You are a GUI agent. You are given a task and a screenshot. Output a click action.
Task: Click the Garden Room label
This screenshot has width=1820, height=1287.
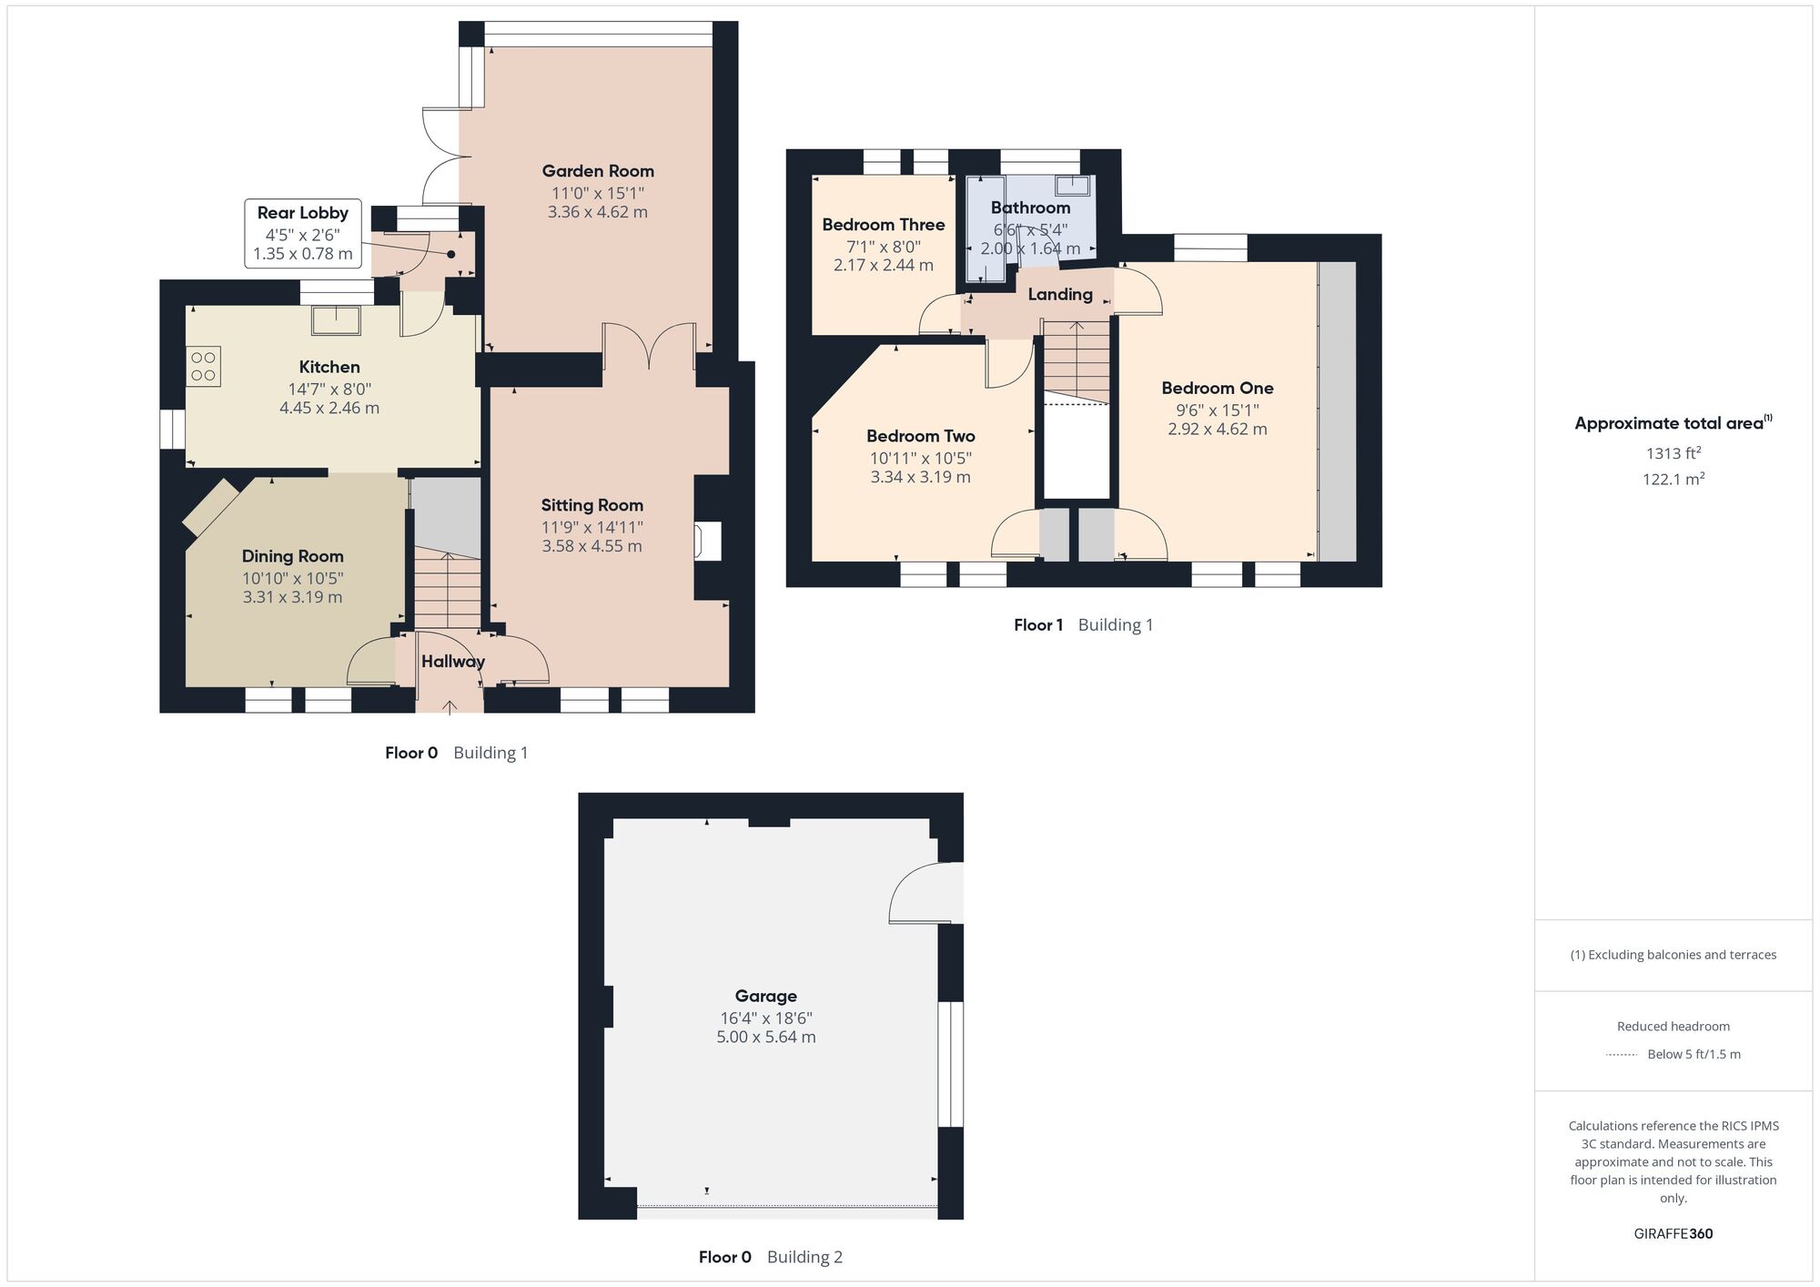(598, 171)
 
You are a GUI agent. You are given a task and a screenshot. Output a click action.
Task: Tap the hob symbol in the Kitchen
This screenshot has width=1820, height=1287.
(204, 366)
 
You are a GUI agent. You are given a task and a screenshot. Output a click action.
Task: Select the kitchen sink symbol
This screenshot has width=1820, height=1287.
(336, 319)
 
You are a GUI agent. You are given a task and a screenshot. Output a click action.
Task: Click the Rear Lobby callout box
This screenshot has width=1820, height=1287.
(303, 234)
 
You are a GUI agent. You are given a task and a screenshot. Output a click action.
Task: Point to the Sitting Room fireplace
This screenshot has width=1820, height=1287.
(707, 541)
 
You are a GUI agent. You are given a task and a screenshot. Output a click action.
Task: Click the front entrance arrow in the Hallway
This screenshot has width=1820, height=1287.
(450, 706)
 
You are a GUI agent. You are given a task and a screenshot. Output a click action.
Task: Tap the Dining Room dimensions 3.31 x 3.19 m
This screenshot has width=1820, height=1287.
(292, 597)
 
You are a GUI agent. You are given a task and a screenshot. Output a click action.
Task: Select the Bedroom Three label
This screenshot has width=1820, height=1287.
(883, 225)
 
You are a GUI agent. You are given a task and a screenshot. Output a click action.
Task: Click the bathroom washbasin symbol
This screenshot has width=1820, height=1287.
(1073, 186)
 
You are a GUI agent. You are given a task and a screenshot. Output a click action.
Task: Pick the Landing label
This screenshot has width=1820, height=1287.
(1060, 294)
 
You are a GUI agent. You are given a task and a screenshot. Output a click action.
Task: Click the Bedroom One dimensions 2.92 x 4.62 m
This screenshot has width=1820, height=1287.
(1217, 429)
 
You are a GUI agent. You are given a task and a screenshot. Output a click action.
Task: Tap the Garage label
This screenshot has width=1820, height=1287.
(765, 996)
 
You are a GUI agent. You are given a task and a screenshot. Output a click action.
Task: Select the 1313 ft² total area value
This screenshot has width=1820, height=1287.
(1673, 453)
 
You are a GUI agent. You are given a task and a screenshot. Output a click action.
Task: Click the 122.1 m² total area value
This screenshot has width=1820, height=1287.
(1673, 479)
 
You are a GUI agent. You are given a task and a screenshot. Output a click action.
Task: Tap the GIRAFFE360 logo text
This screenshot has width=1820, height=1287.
(1673, 1233)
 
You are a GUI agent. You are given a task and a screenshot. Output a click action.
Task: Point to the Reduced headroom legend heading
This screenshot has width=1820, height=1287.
(1673, 1026)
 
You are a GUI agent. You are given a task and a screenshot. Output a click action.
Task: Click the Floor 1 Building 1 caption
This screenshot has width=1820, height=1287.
(1083, 624)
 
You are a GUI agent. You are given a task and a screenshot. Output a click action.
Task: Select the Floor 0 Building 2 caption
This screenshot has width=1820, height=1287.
(770, 1257)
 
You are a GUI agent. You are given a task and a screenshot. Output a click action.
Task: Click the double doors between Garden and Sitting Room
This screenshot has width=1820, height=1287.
(649, 346)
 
